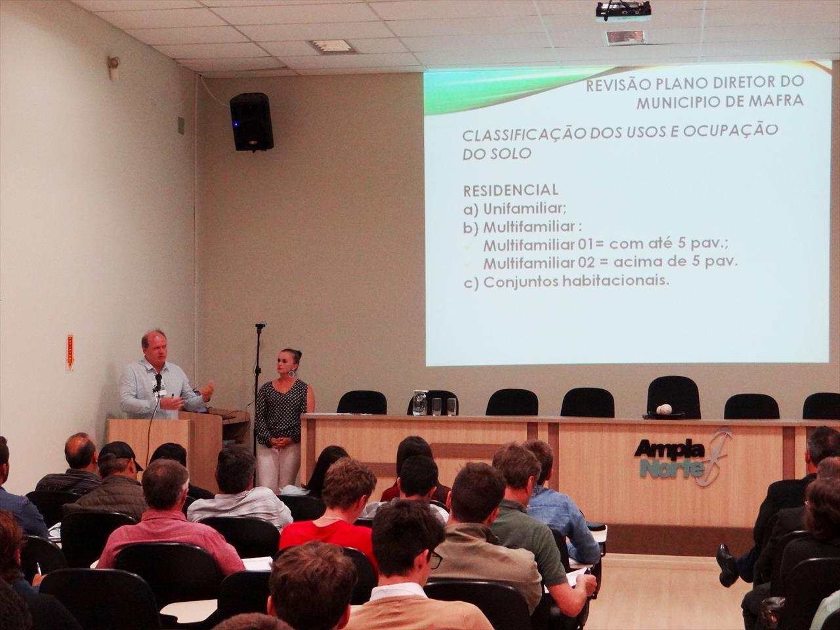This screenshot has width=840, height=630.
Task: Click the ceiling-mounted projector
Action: pyautogui.click(x=623, y=10)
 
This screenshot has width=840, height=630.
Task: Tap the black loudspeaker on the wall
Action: pyautogui.click(x=252, y=121)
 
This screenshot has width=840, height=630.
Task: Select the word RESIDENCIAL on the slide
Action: pyautogui.click(x=511, y=190)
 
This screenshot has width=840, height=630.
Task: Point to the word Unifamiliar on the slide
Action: pyautogui.click(x=524, y=209)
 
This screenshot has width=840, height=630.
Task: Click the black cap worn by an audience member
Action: pyautogui.click(x=119, y=453)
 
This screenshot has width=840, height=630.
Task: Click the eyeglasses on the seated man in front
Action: pyautogui.click(x=434, y=559)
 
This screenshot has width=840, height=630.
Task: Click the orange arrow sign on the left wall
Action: pyautogui.click(x=70, y=352)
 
